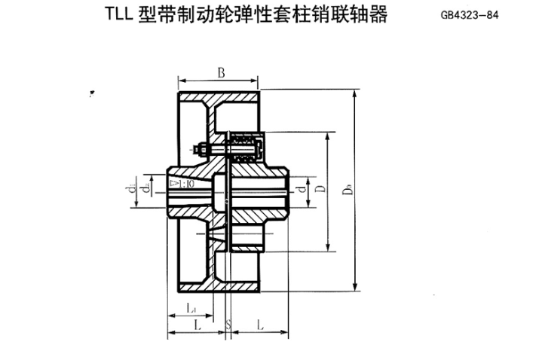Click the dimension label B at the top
tap(221, 72)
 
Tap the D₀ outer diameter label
tap(348, 190)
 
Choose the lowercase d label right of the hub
tap(301, 189)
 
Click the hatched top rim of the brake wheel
tap(218, 96)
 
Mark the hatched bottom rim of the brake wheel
tap(218, 288)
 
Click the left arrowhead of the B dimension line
tap(180, 80)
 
